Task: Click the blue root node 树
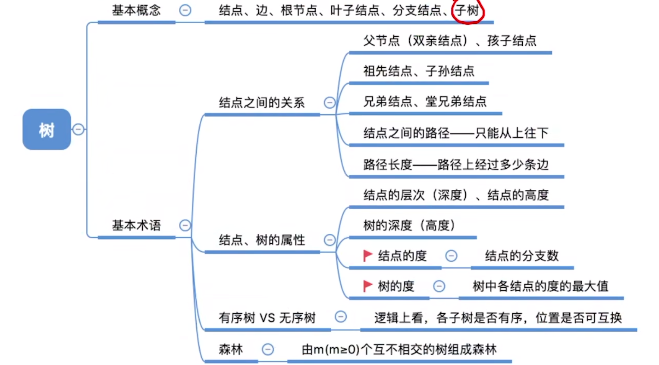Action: [x=47, y=129]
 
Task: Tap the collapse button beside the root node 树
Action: [x=78, y=129]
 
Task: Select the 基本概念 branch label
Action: [x=136, y=10]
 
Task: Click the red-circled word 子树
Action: [x=468, y=10]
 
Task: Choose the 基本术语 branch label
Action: [x=136, y=225]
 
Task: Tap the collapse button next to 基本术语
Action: [x=185, y=225]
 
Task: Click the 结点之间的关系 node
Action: [x=262, y=103]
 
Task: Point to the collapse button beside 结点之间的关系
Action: [x=329, y=103]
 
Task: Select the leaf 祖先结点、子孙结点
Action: [x=419, y=71]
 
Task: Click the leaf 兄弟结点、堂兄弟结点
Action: [x=425, y=102]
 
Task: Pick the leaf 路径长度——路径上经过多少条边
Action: [x=456, y=165]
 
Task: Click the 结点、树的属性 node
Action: [x=262, y=240]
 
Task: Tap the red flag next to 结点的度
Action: [x=367, y=256]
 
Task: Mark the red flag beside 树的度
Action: [x=367, y=286]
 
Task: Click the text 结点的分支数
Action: [x=522, y=256]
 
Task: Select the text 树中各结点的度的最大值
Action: [x=540, y=286]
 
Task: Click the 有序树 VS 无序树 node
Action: [x=267, y=318]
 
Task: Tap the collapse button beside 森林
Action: [x=268, y=349]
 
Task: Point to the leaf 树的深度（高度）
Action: [x=409, y=226]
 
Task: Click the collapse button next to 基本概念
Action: [x=185, y=10]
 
